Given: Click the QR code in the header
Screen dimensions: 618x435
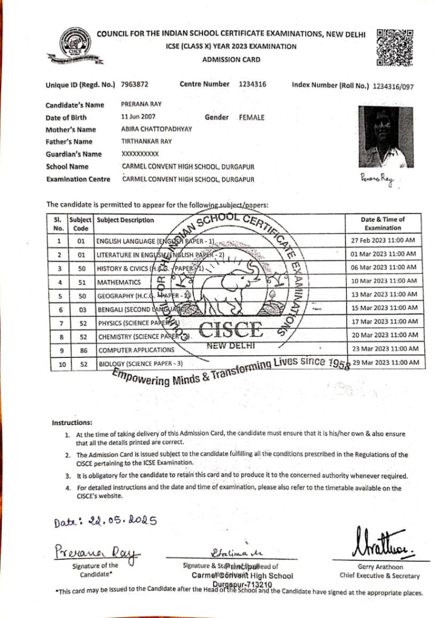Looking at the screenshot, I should tap(395, 48).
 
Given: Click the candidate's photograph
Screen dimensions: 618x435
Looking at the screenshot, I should tap(385, 136).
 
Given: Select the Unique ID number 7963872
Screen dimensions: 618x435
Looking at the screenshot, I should tap(135, 85).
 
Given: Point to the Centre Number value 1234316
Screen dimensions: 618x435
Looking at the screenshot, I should tap(252, 85).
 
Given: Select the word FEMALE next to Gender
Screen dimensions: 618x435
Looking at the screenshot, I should tap(252, 117).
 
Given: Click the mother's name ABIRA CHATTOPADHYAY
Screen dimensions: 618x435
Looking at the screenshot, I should tap(157, 129).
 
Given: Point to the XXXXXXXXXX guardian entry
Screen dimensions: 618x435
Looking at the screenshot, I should tap(140, 154).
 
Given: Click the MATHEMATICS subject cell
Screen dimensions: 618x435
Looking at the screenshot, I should tap(119, 282).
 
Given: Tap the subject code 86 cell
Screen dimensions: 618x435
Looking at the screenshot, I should tap(81, 350).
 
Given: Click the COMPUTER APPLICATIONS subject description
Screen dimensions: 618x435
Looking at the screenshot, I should tap(136, 350).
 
